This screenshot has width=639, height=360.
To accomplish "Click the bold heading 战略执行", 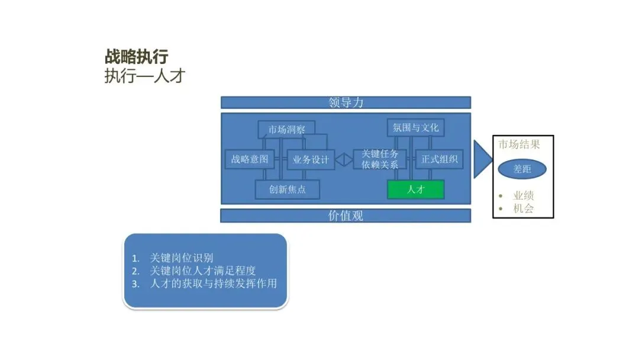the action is pyautogui.click(x=137, y=57).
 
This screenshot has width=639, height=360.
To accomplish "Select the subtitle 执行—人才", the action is pyautogui.click(x=145, y=76).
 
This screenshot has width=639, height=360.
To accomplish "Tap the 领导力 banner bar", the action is pyautogui.click(x=346, y=102).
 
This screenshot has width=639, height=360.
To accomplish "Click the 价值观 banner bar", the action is pyautogui.click(x=346, y=216).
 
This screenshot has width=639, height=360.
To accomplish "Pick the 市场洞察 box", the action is pyautogui.click(x=286, y=129).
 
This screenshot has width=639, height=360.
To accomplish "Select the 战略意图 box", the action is pyautogui.click(x=250, y=159).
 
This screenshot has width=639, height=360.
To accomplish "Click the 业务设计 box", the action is pyautogui.click(x=311, y=159).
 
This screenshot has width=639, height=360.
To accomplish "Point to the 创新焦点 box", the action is pyautogui.click(x=288, y=189).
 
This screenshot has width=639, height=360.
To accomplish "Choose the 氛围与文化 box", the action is pyautogui.click(x=416, y=128).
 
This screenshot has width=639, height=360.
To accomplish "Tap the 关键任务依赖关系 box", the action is pyautogui.click(x=380, y=159).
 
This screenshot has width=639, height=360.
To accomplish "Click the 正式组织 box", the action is pyautogui.click(x=439, y=159).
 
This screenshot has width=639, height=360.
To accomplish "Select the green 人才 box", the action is pyautogui.click(x=416, y=189).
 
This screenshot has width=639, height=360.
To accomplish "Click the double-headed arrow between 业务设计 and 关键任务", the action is pyautogui.click(x=344, y=159).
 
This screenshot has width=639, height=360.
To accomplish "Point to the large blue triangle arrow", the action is pyautogui.click(x=483, y=159).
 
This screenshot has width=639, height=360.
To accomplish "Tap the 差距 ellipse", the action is pyautogui.click(x=522, y=169).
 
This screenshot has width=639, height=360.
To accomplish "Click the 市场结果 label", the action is pyautogui.click(x=519, y=144).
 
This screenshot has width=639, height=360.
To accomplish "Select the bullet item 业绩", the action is pyautogui.click(x=523, y=195).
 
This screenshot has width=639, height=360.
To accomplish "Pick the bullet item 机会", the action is pyautogui.click(x=523, y=208).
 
